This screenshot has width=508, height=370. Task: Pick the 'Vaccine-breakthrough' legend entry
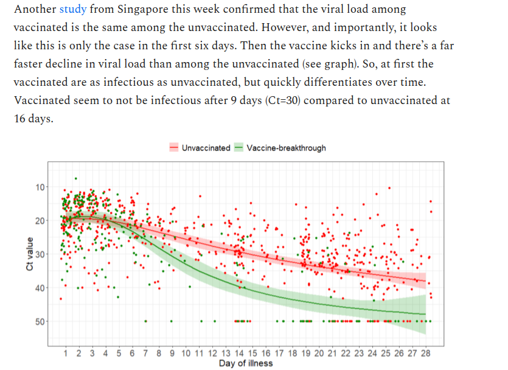coord(286,148)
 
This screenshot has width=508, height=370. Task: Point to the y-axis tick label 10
coord(40,187)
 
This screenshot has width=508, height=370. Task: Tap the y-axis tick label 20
coord(40,220)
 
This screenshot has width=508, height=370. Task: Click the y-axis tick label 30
coord(40,254)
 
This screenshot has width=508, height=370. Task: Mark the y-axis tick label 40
coord(40,287)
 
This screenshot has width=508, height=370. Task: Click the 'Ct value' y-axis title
coord(29,254)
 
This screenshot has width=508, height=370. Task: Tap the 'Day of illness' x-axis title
coord(246,363)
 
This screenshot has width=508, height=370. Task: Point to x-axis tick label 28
coord(425,353)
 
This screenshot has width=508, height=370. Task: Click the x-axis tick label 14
coord(239,353)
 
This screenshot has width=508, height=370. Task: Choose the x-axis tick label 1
coord(66,353)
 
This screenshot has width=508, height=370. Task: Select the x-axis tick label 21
coord(332,353)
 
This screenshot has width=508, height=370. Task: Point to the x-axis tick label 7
coord(145,353)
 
